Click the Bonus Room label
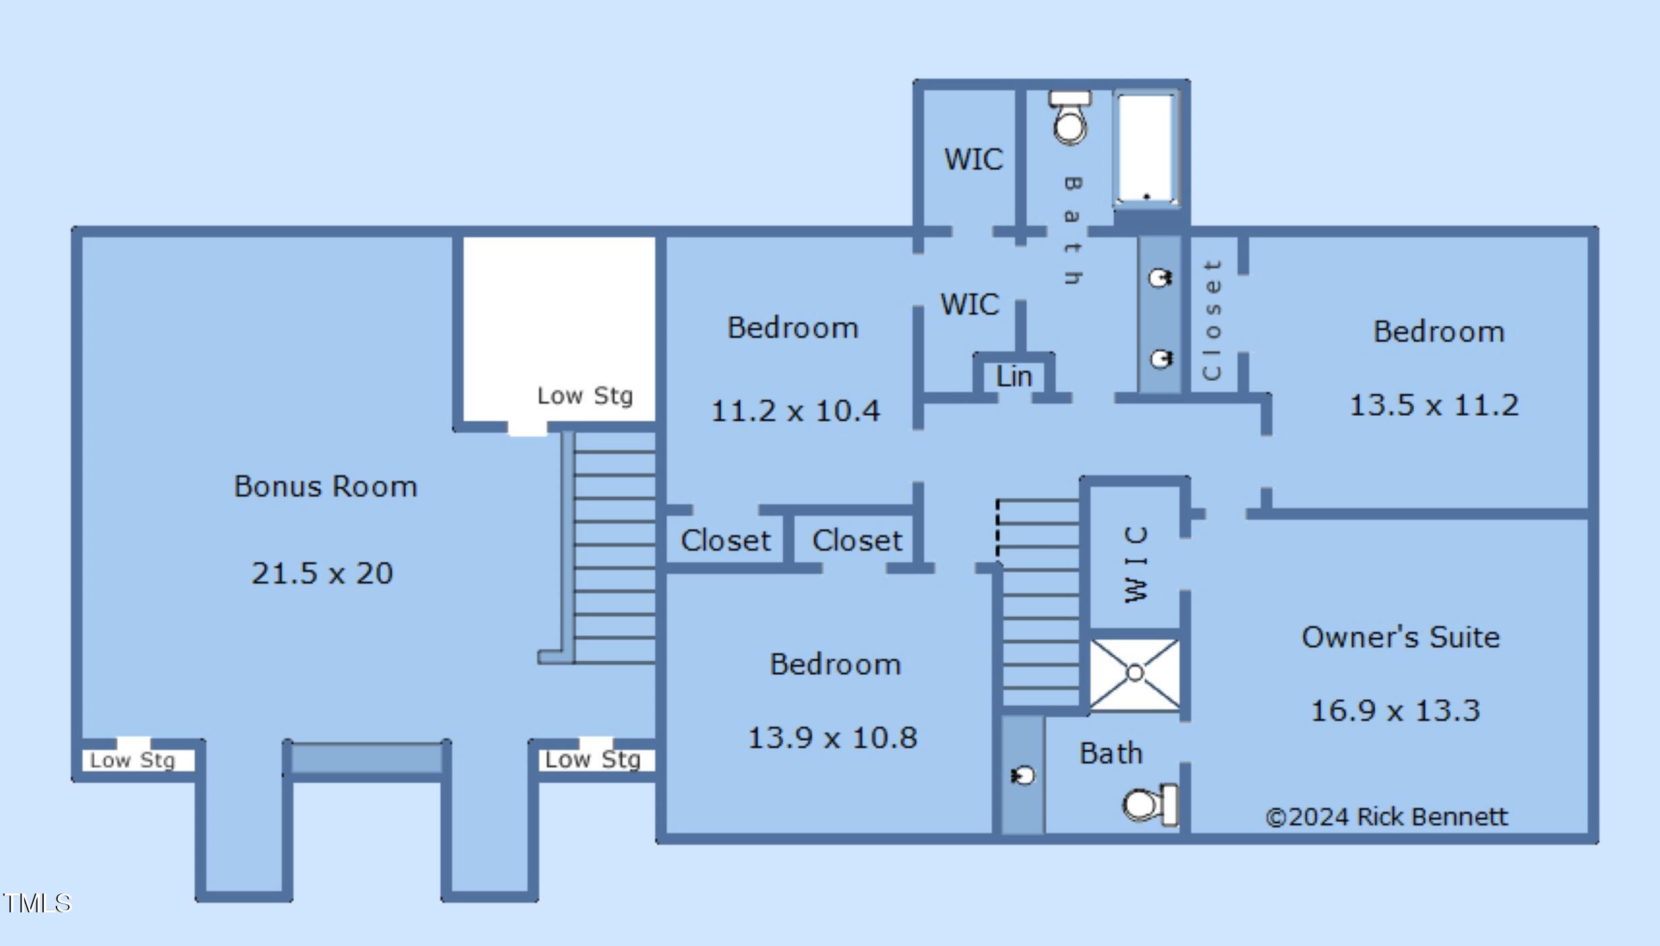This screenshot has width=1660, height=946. tap(326, 486)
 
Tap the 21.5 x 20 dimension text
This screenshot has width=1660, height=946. tap(322, 573)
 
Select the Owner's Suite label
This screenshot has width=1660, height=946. tap(1401, 636)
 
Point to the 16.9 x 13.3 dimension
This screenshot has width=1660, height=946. tap(1396, 711)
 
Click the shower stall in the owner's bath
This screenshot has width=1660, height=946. tap(1134, 674)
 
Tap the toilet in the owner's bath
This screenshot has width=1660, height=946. tap(1150, 805)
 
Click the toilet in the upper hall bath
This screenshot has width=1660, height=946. tap(1070, 118)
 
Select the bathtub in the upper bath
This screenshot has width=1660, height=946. tap(1147, 149)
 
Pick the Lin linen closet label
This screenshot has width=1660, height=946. tap(1014, 377)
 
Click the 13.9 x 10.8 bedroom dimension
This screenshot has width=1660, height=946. tap(832, 737)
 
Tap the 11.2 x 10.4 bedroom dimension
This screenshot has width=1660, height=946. tap(795, 410)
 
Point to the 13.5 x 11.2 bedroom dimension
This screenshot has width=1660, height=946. tap(1435, 405)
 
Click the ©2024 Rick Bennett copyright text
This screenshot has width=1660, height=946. tap(1386, 817)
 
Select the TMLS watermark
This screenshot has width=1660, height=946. tap(36, 903)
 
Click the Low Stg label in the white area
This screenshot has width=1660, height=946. tap(585, 396)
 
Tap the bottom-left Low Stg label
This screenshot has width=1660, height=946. tap(133, 760)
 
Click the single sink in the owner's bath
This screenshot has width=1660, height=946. tap(1023, 776)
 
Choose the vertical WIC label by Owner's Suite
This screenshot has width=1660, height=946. tap(1136, 565)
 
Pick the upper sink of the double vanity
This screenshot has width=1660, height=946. tap(1160, 278)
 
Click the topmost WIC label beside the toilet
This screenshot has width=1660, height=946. tap(974, 159)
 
